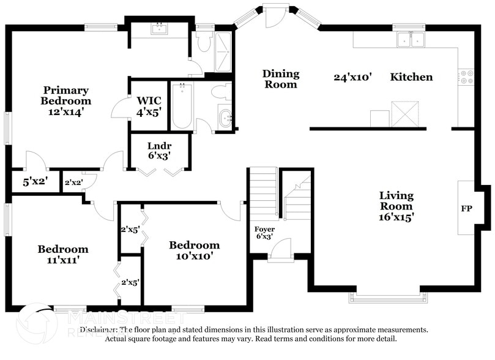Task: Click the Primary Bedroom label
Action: pos(65,101)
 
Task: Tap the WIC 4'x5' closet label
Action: pos(149,106)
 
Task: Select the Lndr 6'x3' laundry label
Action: pos(158,151)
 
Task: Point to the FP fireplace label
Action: pos(466,208)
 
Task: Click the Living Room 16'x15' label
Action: pos(396,206)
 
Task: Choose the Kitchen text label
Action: pos(411,77)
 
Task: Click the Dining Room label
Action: pos(281,79)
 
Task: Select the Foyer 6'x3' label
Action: pos(264,233)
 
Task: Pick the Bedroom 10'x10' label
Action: pos(194,251)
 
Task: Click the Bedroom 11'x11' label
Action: pos(62,254)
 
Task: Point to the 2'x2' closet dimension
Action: pos(73,182)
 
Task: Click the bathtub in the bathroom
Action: pos(182,106)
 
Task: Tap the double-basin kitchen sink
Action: pos(411,40)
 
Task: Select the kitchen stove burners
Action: pos(466,77)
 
